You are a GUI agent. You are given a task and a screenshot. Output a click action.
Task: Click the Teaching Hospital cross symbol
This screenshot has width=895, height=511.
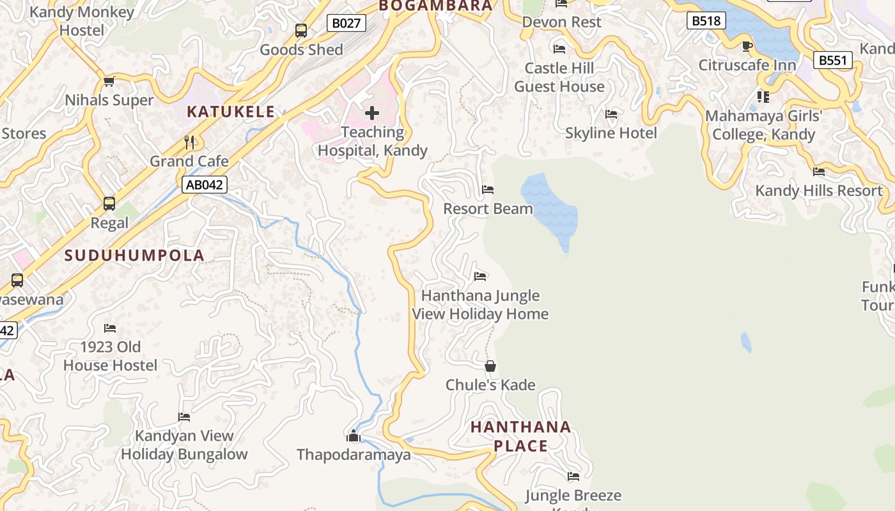371,114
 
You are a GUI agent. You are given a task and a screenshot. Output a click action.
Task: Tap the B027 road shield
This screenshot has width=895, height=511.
346,24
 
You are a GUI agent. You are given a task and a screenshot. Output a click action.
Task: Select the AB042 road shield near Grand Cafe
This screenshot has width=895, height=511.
204,185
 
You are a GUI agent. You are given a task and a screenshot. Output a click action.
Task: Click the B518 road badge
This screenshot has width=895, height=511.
706,21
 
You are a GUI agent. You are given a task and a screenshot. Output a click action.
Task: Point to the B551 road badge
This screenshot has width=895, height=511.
833,61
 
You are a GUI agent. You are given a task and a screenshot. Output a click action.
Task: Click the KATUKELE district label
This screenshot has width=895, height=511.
231,112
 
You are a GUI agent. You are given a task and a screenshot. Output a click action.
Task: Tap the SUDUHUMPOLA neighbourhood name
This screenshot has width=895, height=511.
135,256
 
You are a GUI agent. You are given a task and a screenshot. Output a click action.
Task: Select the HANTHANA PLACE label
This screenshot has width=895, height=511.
520,436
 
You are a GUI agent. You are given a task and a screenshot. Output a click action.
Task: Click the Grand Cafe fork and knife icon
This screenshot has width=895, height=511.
189,142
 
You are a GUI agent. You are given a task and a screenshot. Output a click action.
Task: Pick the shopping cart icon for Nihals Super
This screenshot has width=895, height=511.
109,81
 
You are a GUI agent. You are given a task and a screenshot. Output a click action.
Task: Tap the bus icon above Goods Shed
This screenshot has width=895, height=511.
301,31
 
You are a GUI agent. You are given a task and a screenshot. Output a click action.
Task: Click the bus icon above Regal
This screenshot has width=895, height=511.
109,204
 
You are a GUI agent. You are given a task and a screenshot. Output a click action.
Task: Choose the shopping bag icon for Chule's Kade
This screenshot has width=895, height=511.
490,366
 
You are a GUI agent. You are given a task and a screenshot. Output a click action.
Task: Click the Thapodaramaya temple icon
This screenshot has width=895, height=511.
354,436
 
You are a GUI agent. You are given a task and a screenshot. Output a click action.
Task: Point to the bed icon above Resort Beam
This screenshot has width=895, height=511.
488,190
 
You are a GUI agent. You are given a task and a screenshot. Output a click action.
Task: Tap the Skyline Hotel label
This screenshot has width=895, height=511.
611,133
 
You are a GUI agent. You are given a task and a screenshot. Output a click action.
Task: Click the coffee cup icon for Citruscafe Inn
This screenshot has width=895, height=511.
747,46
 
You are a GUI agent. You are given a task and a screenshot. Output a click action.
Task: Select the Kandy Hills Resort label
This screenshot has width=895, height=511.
818,190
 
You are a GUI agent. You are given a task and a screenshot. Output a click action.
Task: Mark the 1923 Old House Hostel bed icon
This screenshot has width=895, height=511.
110,328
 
